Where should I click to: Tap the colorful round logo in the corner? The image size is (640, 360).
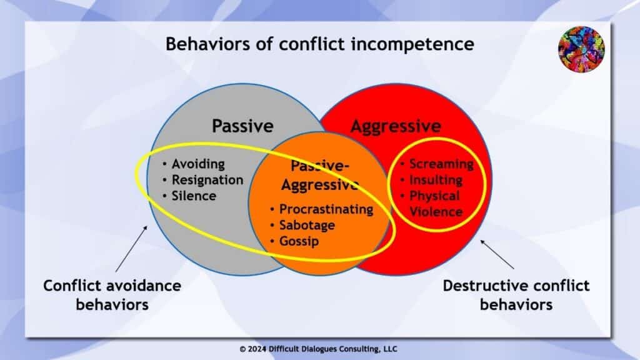point(581,47)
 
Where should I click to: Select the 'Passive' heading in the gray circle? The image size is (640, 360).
point(242,126)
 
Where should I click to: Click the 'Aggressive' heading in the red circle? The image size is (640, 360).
point(396,126)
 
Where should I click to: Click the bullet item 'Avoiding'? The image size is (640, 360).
point(197,164)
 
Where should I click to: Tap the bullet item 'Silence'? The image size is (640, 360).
point(194,196)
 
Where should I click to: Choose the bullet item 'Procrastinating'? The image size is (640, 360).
point(326,209)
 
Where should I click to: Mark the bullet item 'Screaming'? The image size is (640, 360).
point(441,164)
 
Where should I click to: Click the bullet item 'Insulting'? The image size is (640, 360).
point(436,180)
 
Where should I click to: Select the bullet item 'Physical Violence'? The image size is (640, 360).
point(436,204)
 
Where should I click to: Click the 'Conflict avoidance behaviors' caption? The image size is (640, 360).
point(112,295)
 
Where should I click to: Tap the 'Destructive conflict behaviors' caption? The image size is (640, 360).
point(516,295)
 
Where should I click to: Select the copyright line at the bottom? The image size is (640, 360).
point(319,349)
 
